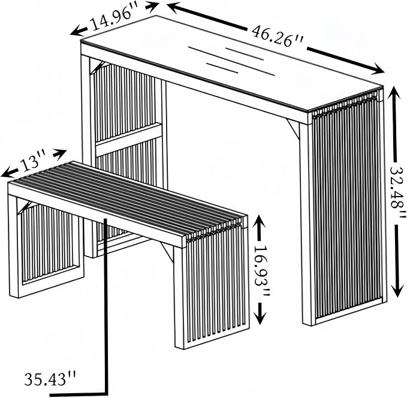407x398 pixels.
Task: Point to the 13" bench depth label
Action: (x=33, y=162)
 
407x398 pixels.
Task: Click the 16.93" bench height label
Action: (x=261, y=271)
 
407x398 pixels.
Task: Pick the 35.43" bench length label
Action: (x=50, y=379)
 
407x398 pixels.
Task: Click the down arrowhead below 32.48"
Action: (x=397, y=290)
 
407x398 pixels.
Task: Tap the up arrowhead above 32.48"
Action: (x=394, y=95)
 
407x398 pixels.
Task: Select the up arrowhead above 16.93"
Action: (x=259, y=224)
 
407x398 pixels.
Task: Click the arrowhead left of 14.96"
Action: (x=78, y=31)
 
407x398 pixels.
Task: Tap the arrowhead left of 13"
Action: (x=8, y=173)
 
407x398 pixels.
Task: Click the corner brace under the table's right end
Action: (x=293, y=128)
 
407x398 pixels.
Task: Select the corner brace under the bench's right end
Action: (x=167, y=251)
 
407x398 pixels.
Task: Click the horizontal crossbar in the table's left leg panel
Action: (x=129, y=139)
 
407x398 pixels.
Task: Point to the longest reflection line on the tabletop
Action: (x=231, y=61)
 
